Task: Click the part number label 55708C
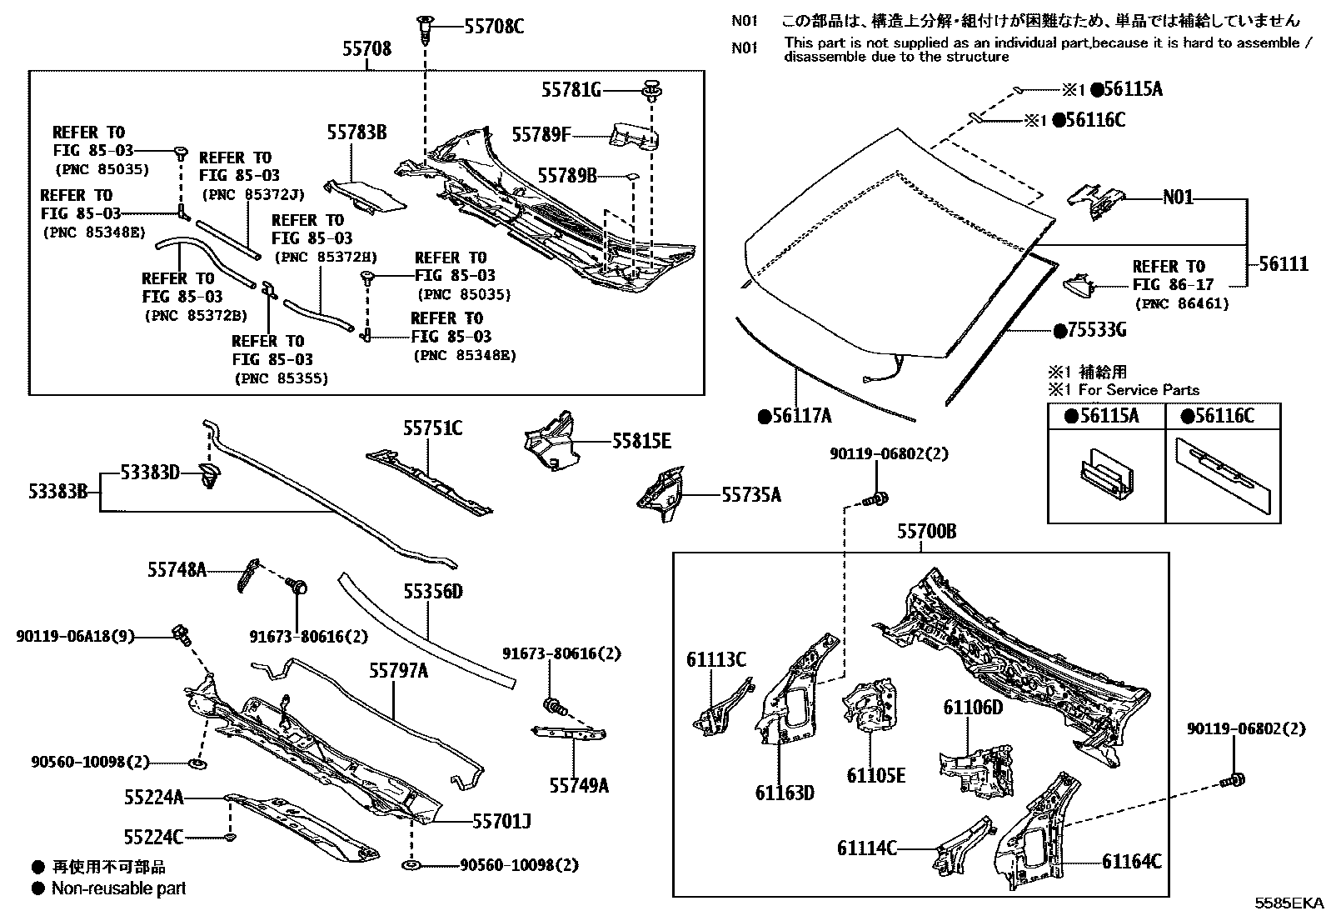pos(494,28)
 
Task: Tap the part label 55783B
pos(356,132)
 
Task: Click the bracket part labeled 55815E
pos(551,439)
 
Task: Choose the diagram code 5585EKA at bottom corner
pos(1289,903)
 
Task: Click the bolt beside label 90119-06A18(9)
pos(181,634)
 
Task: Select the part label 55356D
pos(432,592)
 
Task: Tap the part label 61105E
pos(875,775)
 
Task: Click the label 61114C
pos(867,848)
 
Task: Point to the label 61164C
pos(1131,862)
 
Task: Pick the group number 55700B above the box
pos(926,531)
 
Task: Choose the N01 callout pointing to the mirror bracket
pos(1178,198)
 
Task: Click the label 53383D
pos(149,473)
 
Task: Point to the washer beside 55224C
pos(232,835)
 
